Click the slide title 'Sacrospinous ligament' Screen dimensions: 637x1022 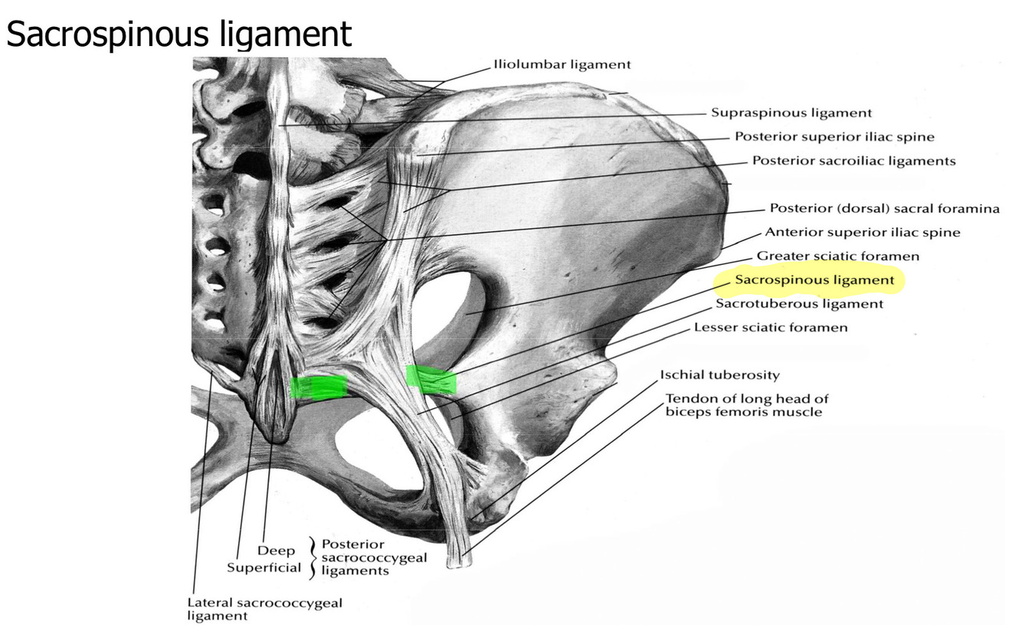click(x=179, y=34)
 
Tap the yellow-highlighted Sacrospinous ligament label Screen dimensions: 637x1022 click(x=814, y=280)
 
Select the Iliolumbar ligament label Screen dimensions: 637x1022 click(x=562, y=64)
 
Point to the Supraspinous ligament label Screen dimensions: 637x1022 click(x=791, y=113)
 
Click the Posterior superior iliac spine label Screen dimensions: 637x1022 click(x=834, y=137)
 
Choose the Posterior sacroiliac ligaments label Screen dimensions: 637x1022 click(x=853, y=161)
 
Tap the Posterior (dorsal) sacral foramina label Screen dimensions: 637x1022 click(x=884, y=208)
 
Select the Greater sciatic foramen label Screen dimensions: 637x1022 click(x=838, y=256)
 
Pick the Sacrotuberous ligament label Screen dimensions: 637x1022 click(x=799, y=304)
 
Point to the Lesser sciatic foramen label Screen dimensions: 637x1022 click(x=771, y=328)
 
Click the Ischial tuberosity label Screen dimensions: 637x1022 click(x=719, y=375)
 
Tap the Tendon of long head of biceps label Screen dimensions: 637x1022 click(x=746, y=405)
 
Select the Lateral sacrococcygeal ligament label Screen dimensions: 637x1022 click(x=264, y=609)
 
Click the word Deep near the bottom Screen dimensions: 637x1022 click(x=276, y=551)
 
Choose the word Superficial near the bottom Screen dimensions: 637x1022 click(x=264, y=569)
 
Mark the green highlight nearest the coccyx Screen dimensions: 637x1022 click(x=319, y=387)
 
